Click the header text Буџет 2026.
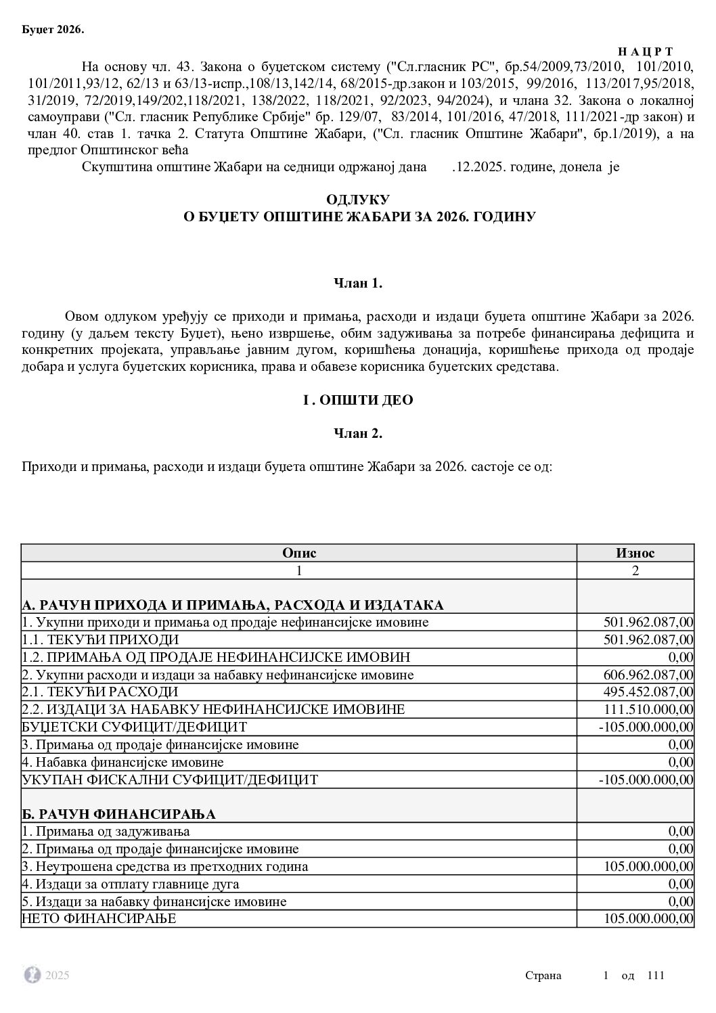(x=53, y=29)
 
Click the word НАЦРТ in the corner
(x=645, y=52)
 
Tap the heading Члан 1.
(x=358, y=283)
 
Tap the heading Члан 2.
(x=358, y=434)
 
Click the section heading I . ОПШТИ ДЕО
(x=358, y=400)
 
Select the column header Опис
(x=299, y=553)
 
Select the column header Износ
(x=635, y=553)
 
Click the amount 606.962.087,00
(x=648, y=675)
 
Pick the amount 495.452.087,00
(x=648, y=692)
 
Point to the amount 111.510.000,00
(x=648, y=710)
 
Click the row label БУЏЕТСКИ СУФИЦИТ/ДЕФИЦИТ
(x=135, y=727)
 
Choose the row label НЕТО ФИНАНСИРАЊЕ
(x=99, y=919)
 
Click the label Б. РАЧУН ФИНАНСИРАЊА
(x=119, y=813)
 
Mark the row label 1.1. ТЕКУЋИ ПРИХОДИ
(x=100, y=639)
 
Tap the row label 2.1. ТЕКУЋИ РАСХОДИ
(x=100, y=692)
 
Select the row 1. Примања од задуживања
(x=106, y=831)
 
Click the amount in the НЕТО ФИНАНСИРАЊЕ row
(x=648, y=919)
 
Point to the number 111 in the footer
(x=656, y=975)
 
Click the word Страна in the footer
(x=543, y=975)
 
